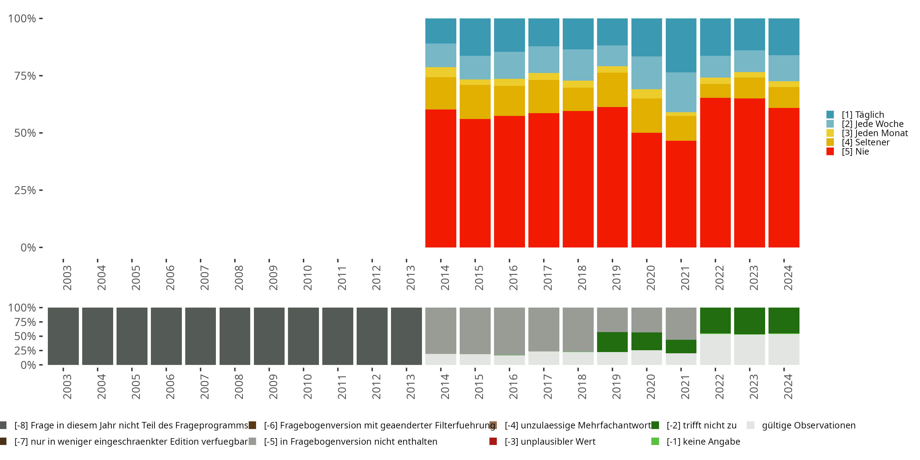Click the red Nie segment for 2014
tap(440, 178)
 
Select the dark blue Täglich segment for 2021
tap(681, 45)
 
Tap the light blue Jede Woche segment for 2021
tap(681, 92)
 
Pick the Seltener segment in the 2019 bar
tap(612, 90)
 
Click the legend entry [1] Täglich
tap(862, 115)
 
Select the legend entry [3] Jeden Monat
tap(874, 133)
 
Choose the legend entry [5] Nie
tap(855, 151)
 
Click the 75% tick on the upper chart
tap(25, 76)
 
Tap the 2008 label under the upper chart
tap(239, 278)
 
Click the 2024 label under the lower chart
tap(788, 386)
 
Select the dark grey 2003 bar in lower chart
tap(63, 336)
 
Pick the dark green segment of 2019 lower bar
tap(612, 342)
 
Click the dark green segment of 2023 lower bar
tap(749, 321)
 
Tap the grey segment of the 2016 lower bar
tap(509, 331)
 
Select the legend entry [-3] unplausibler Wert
tap(550, 441)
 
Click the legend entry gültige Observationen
tap(808, 425)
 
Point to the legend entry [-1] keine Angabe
tap(703, 441)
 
